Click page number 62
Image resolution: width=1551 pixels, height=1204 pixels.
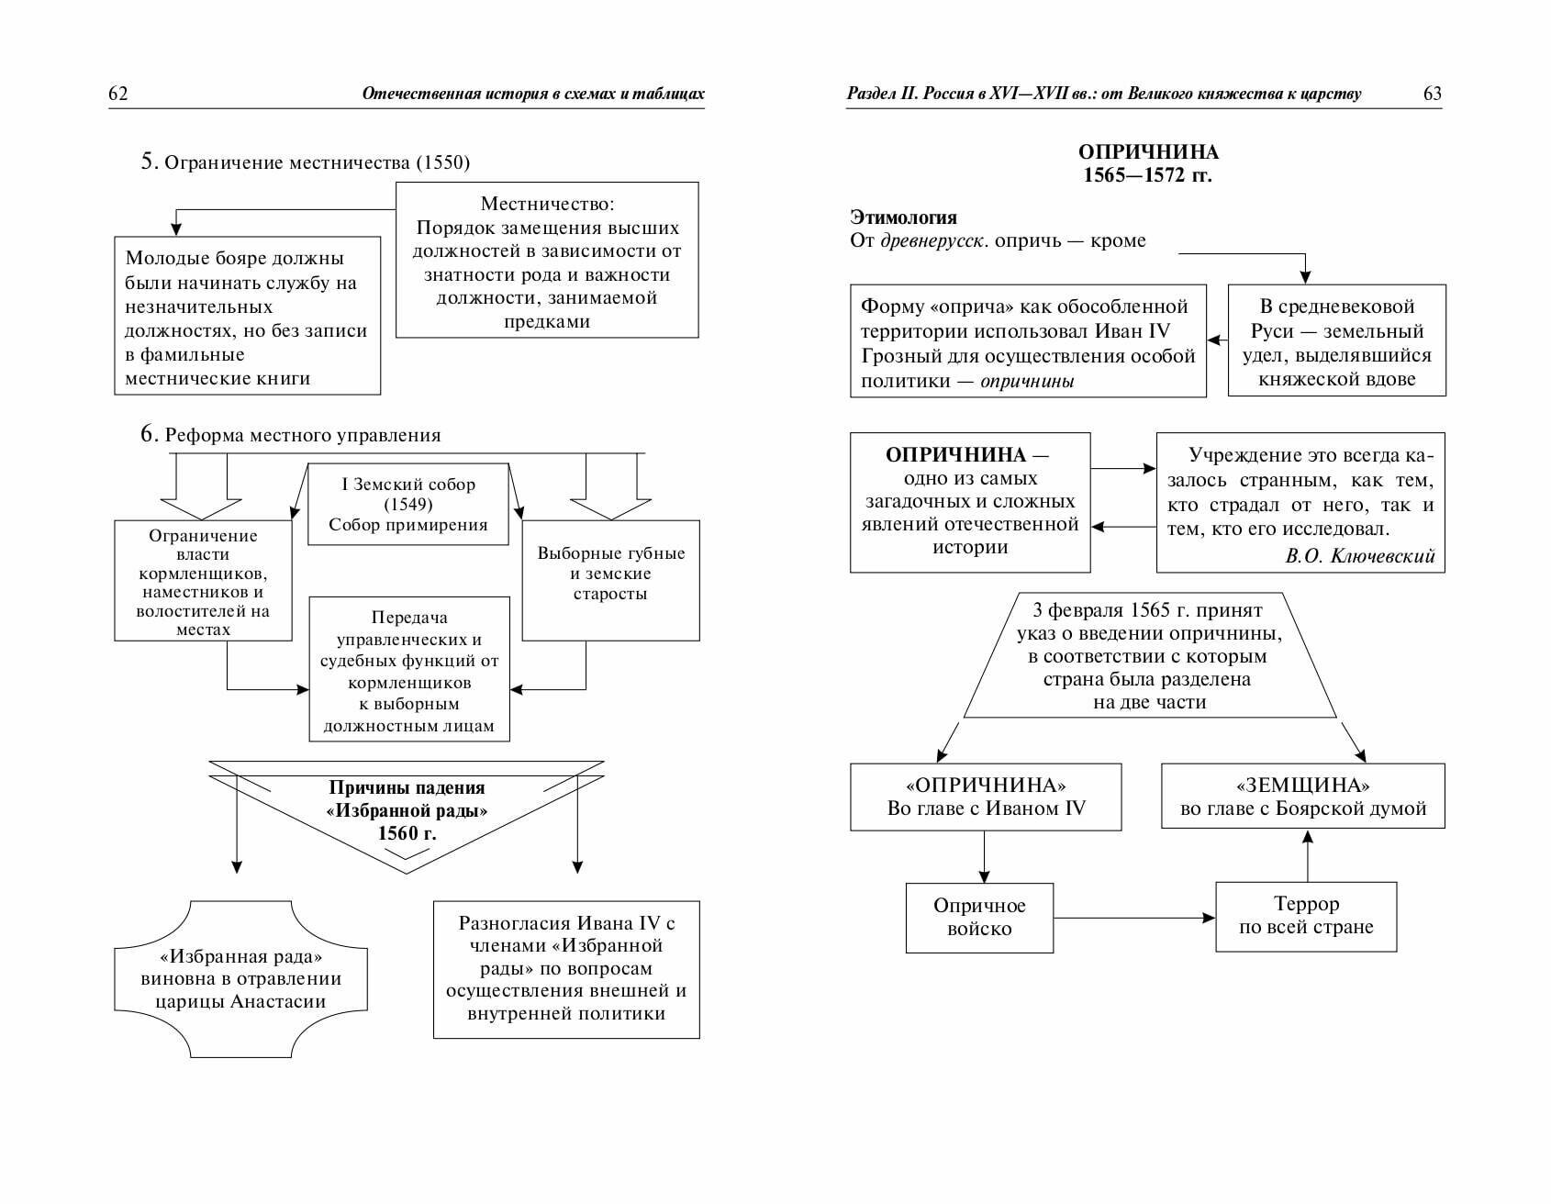(118, 94)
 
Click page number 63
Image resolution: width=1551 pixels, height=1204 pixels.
(1432, 94)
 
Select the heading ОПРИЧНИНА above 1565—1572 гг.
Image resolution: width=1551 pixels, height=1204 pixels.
(1148, 152)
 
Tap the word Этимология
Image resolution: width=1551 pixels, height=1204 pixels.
(903, 217)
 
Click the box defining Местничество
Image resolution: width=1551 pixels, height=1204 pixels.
(547, 261)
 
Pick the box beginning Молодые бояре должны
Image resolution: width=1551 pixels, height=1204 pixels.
(247, 317)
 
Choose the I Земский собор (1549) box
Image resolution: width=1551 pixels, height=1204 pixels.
(407, 504)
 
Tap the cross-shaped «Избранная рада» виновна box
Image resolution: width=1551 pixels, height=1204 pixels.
(240, 978)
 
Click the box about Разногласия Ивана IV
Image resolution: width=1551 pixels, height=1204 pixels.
(566, 968)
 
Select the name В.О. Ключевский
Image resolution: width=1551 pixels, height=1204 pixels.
(1360, 555)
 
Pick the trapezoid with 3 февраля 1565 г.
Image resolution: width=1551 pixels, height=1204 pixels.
(1149, 655)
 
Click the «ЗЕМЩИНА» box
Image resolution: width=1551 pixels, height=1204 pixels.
(1303, 797)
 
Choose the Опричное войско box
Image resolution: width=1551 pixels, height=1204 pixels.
(979, 918)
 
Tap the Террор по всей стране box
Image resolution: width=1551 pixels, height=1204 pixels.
(1306, 916)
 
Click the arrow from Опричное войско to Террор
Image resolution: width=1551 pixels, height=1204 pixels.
(1134, 917)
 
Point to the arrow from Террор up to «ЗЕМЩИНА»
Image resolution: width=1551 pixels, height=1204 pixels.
(1307, 855)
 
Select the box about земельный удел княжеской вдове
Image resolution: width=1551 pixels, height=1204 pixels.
(1336, 340)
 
